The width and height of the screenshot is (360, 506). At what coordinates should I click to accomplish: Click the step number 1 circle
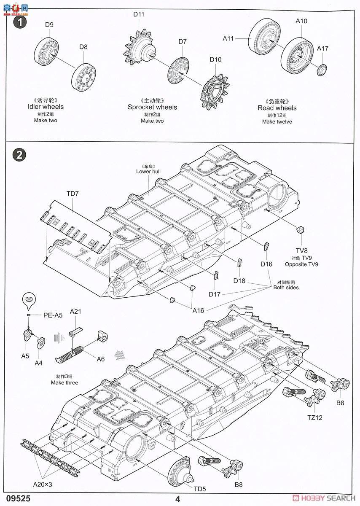tap(19, 22)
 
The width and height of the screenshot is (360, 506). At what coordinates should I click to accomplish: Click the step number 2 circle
tap(19, 155)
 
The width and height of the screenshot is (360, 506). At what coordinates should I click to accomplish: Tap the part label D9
tap(49, 24)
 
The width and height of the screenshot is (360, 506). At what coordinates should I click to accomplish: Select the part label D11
tap(139, 14)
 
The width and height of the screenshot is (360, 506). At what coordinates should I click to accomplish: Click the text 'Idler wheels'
tap(46, 107)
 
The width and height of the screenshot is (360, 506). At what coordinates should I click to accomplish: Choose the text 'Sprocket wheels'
tap(152, 108)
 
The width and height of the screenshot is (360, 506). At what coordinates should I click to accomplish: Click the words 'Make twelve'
tap(277, 121)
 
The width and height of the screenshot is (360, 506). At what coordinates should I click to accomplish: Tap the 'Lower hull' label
tap(148, 171)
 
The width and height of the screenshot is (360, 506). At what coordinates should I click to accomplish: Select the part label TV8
tap(301, 250)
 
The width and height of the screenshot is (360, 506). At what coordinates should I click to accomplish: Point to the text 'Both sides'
tap(285, 288)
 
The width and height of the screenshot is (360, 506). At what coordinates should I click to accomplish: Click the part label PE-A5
tap(53, 315)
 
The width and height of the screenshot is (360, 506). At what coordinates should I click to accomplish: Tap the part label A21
tap(75, 312)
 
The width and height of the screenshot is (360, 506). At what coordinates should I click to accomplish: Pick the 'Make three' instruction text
tap(64, 382)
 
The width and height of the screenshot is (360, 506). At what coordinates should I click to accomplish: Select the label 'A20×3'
tap(43, 484)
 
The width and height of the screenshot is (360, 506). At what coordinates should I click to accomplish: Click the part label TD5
tap(200, 489)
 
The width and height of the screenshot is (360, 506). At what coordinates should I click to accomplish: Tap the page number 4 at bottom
tap(178, 499)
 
